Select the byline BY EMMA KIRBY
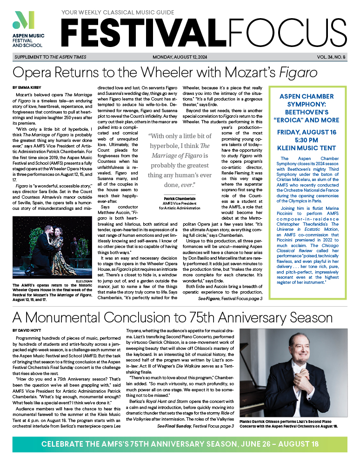pos(27,87)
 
